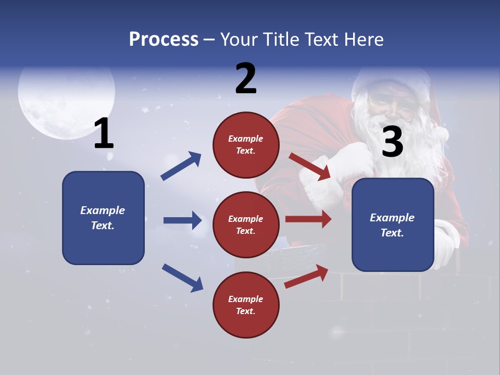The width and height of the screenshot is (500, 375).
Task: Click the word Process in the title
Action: (164, 40)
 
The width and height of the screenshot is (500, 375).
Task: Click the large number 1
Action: (104, 134)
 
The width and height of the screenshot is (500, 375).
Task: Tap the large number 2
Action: (246, 79)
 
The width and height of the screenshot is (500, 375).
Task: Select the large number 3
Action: (393, 142)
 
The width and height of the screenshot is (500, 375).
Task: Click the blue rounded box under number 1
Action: (103, 218)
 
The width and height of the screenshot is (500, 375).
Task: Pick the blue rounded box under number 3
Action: (393, 225)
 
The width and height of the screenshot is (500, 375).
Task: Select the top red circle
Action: (246, 145)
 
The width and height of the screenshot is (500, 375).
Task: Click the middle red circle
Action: (246, 225)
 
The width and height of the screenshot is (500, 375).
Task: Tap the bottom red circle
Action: (246, 305)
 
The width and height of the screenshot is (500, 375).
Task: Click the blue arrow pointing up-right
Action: (181, 166)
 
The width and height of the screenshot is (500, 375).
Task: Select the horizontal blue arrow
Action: (182, 220)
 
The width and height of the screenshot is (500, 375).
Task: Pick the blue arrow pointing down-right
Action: (182, 277)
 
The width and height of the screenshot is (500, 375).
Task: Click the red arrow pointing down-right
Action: (309, 167)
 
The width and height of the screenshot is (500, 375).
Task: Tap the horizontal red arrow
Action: (308, 219)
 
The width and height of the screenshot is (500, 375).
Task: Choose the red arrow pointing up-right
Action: (306, 277)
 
